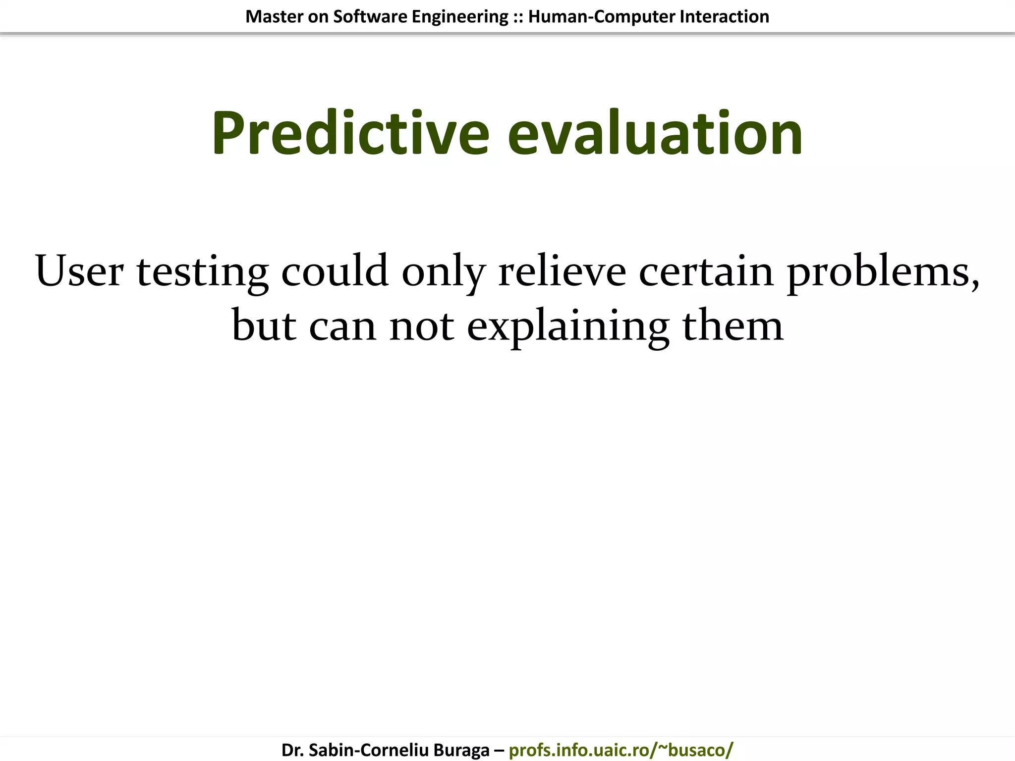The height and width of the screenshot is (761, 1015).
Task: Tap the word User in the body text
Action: (x=79, y=271)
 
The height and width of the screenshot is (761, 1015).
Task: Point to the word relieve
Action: (x=562, y=271)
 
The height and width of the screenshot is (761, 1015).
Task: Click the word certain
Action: (x=706, y=271)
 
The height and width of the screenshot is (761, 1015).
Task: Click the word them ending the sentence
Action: (x=733, y=326)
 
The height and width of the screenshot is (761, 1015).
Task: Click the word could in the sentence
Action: (x=335, y=271)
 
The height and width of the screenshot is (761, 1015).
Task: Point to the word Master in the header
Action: (x=274, y=17)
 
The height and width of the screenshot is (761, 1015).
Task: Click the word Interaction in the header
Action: (x=724, y=17)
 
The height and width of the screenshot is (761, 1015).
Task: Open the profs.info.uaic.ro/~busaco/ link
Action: (x=620, y=750)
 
